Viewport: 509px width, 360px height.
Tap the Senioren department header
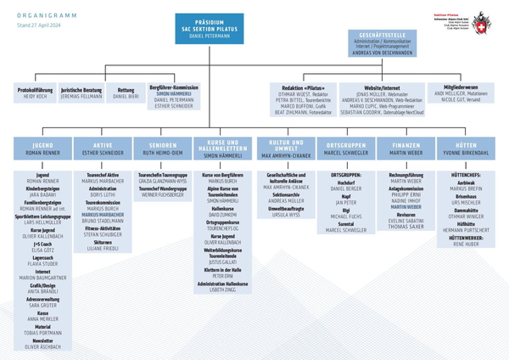click(x=162, y=149)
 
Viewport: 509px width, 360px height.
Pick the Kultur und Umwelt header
click(x=286, y=149)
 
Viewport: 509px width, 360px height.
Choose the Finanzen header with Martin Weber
click(x=406, y=149)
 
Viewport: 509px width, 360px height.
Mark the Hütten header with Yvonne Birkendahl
click(x=466, y=149)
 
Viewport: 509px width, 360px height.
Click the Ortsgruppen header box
click(x=345, y=149)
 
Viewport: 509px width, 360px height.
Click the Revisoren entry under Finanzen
click(x=406, y=216)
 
